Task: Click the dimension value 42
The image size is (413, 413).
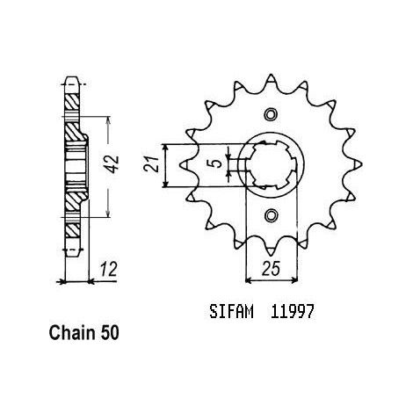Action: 113,164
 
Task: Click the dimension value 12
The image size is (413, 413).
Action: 108,270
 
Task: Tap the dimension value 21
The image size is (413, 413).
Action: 152,164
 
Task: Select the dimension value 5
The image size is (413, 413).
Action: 216,163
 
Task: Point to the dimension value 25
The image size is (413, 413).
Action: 272,268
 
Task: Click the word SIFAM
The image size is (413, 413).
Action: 231,312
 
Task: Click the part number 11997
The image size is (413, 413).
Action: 292,312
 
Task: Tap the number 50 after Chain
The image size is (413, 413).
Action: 110,333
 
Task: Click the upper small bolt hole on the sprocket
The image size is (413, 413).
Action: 271,114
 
